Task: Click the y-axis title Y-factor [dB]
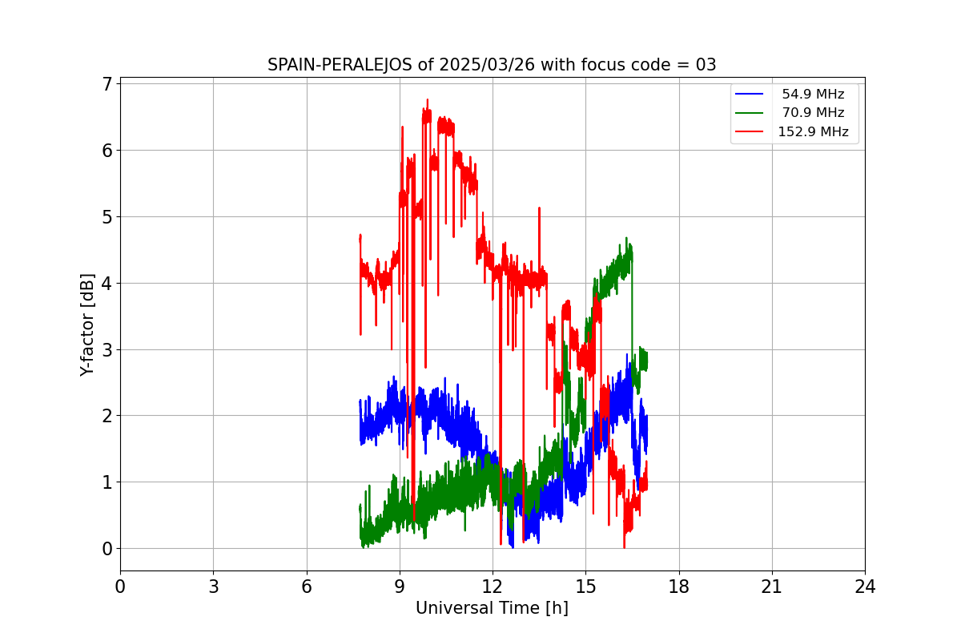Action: pyautogui.click(x=87, y=325)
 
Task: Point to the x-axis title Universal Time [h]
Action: pyautogui.click(x=492, y=608)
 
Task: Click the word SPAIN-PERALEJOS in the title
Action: pyautogui.click(x=340, y=65)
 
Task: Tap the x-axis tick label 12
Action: pyautogui.click(x=493, y=587)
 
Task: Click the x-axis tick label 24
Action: pyautogui.click(x=865, y=587)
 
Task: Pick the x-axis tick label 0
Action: pyautogui.click(x=120, y=587)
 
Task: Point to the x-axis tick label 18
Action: pyautogui.click(x=679, y=587)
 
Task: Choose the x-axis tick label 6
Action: pyautogui.click(x=307, y=587)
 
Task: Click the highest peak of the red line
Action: pyautogui.click(x=428, y=99)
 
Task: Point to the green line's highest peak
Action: pyautogui.click(x=626, y=238)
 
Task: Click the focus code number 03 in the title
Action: pyautogui.click(x=706, y=65)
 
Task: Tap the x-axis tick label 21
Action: pyautogui.click(x=772, y=587)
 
